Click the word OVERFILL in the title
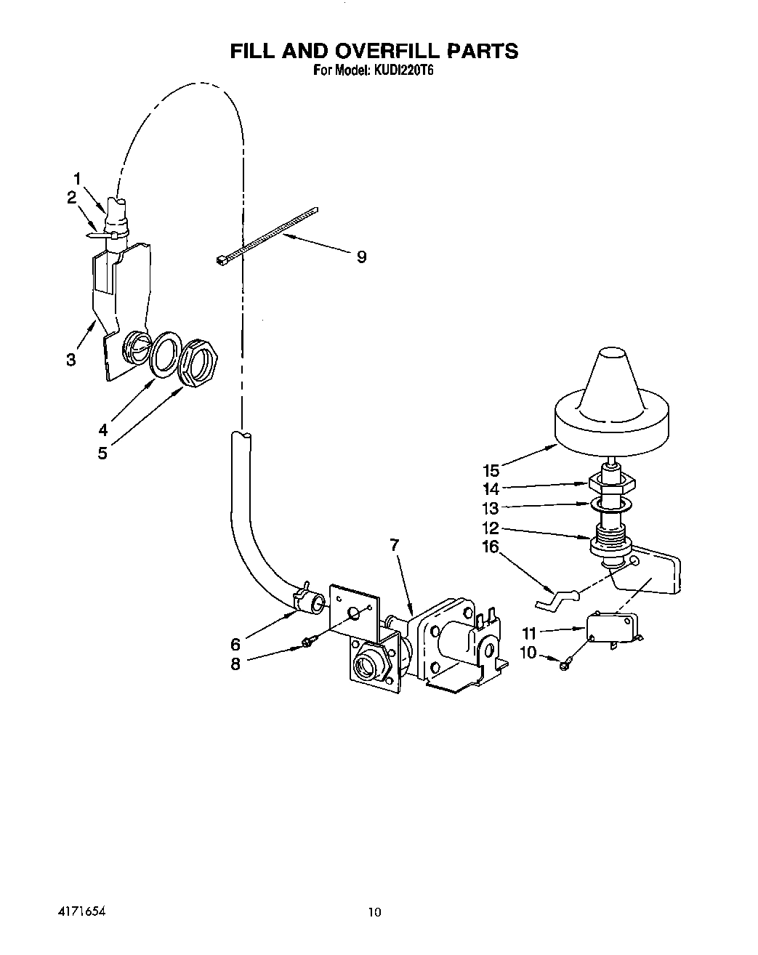pos(384,51)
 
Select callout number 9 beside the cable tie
pos(361,256)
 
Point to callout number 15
pos(491,470)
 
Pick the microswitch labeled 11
pos(613,626)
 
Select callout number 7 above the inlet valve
pos(395,544)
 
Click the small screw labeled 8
pos(309,642)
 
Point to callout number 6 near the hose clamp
pos(235,644)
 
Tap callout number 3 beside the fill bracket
pos(70,360)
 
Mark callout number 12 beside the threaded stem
pos(491,528)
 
